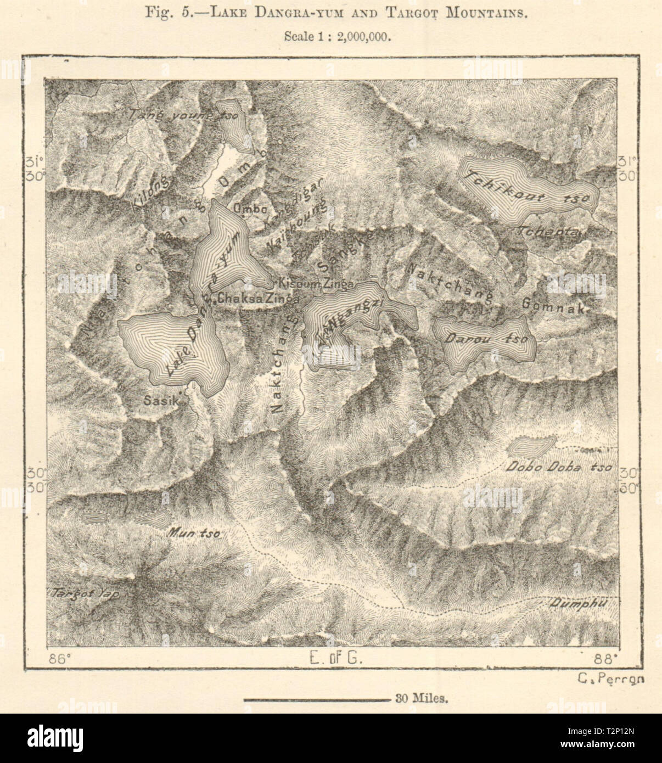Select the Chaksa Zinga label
[x=258, y=299]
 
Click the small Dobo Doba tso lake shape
[x=530, y=445]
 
